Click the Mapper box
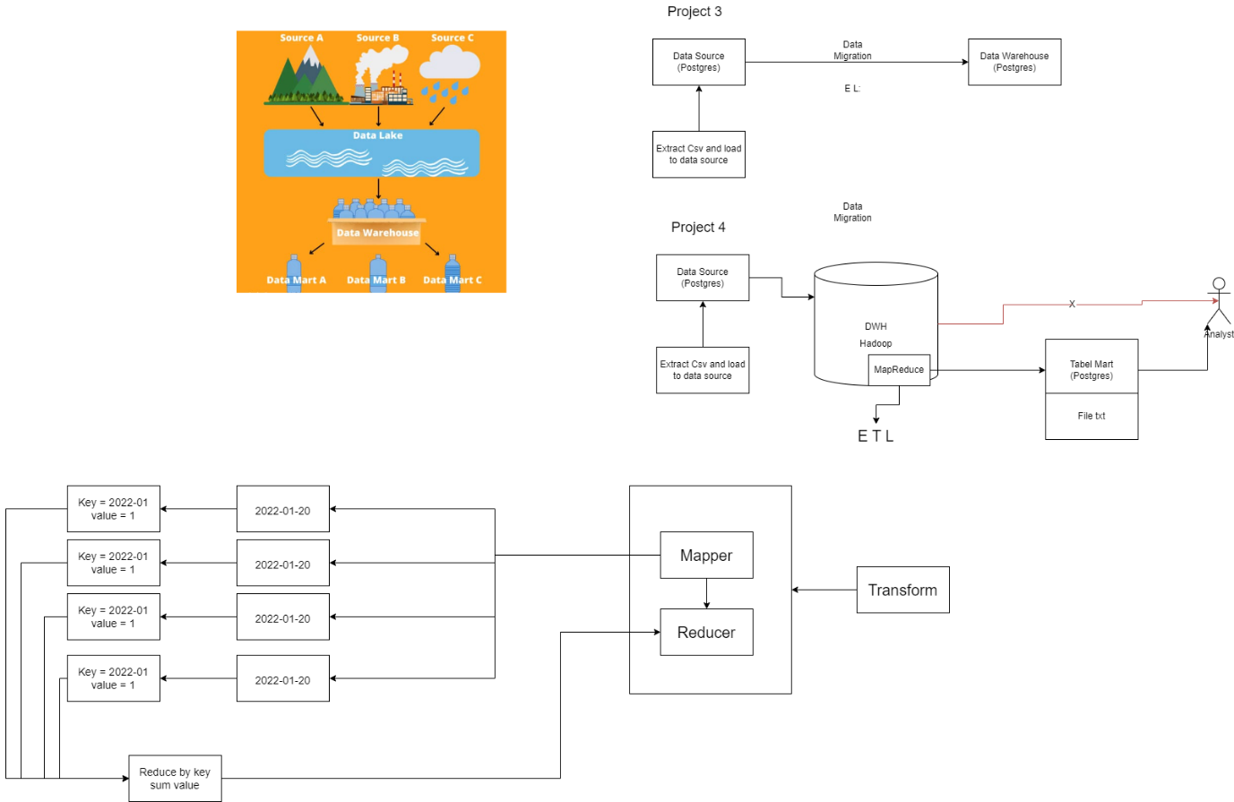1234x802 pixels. pyautogui.click(x=706, y=555)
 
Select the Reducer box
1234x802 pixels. pyautogui.click(x=706, y=632)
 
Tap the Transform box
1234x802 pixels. pyautogui.click(x=903, y=590)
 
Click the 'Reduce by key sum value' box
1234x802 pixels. pyautogui.click(x=175, y=779)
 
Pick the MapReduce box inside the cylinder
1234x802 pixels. pyautogui.click(x=899, y=369)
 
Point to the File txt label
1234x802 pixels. pyautogui.click(x=1092, y=416)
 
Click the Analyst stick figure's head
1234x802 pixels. pyautogui.click(x=1219, y=284)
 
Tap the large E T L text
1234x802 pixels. pyautogui.click(x=876, y=436)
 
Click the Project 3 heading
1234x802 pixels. pyautogui.click(x=695, y=12)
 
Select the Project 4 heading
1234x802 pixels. pyautogui.click(x=698, y=227)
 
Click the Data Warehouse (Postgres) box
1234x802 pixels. pyautogui.click(x=1014, y=62)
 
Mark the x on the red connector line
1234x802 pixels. pyautogui.click(x=1072, y=304)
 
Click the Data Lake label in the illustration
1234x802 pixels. pyautogui.click(x=378, y=135)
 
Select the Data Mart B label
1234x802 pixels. pyautogui.click(x=376, y=280)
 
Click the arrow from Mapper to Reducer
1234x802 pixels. pyautogui.click(x=707, y=594)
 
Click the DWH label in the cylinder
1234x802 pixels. pyautogui.click(x=876, y=326)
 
